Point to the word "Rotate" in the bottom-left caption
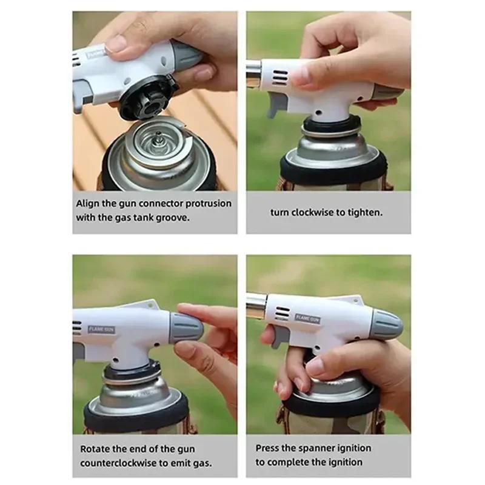[x=95, y=449]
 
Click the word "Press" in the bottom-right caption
[x=268, y=449]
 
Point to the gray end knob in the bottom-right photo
[x=386, y=324]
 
